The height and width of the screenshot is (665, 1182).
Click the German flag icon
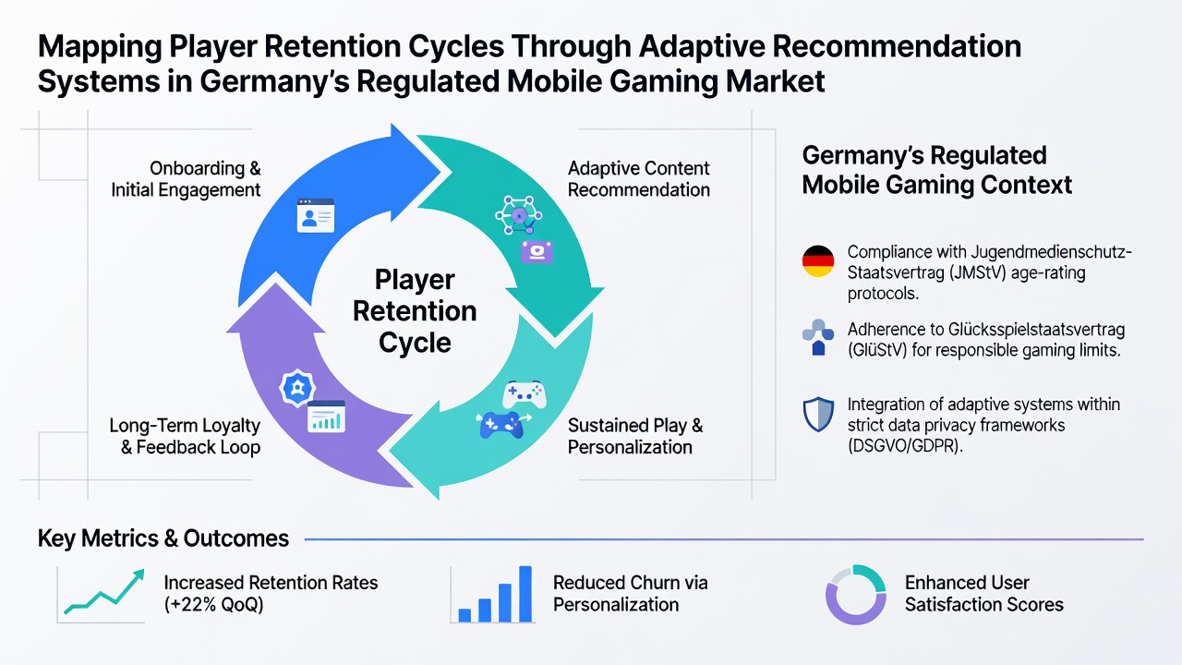pos(818,261)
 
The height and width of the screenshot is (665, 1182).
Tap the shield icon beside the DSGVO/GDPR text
pos(818,415)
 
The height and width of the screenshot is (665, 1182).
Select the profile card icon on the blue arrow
pos(316,215)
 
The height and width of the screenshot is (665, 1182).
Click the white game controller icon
pos(524,394)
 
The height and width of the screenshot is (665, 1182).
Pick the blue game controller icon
pos(501,426)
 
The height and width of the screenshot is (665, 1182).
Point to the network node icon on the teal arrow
pos(519,215)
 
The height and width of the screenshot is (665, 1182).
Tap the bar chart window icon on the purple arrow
pos(326,417)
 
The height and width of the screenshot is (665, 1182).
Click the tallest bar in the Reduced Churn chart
pos(525,594)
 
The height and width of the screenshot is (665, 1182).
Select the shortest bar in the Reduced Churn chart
pos(464,615)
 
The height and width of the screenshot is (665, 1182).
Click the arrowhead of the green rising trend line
pos(139,574)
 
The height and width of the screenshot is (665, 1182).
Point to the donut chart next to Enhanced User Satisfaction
pos(855,595)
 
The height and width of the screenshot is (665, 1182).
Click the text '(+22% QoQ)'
pos(213,605)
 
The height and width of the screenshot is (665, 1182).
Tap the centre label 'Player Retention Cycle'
pos(415,311)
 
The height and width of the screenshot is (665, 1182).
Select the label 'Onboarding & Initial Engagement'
pos(186,179)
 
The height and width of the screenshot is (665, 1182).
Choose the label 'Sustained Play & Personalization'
pos(635,436)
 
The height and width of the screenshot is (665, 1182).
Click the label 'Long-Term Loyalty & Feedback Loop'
pos(185,436)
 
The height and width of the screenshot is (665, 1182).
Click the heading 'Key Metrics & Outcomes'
pos(163,538)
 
